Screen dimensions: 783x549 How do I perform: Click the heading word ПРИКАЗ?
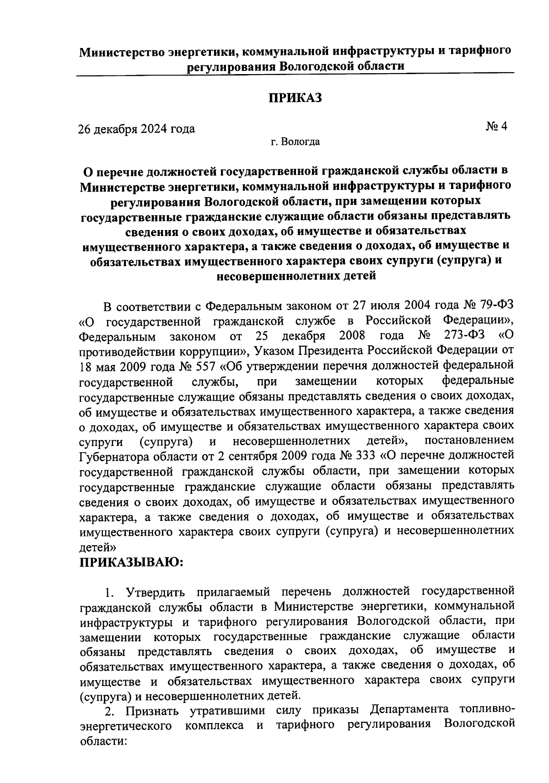pos(295,98)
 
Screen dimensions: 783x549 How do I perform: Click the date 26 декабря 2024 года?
pos(136,129)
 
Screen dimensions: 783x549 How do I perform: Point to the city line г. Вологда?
pos(295,142)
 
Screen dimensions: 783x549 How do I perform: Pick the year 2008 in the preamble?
pos(352,336)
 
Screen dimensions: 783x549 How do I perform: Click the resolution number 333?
pos(363,456)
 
